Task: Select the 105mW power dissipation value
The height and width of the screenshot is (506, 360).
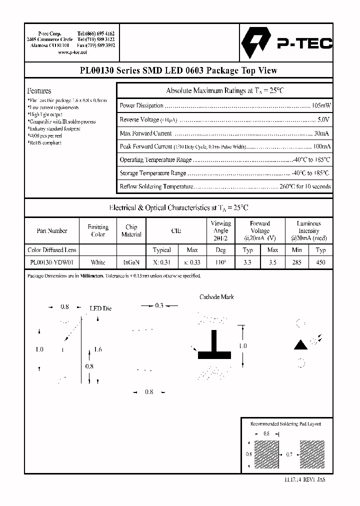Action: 321,106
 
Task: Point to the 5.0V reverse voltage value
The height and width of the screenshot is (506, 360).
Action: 323,120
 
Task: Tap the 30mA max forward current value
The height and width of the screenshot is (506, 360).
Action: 321,133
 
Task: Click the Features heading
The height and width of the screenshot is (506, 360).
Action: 39,91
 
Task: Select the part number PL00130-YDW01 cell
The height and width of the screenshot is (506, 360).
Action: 52,262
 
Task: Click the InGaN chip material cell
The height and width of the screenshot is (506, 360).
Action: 131,262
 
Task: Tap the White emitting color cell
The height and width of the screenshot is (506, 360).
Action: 98,262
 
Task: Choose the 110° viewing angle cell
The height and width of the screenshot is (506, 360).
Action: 220,262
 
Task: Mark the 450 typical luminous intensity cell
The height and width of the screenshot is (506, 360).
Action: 320,262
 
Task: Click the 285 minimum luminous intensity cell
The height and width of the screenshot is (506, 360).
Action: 296,262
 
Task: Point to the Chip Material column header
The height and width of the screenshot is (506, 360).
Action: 131,231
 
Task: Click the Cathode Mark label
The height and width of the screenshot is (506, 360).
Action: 216,297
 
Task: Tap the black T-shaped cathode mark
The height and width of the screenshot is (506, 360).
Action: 214,347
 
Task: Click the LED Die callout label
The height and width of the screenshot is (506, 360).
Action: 100,308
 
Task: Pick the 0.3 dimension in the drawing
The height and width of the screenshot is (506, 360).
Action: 159,305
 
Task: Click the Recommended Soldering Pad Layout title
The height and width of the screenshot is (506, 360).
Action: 285,424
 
